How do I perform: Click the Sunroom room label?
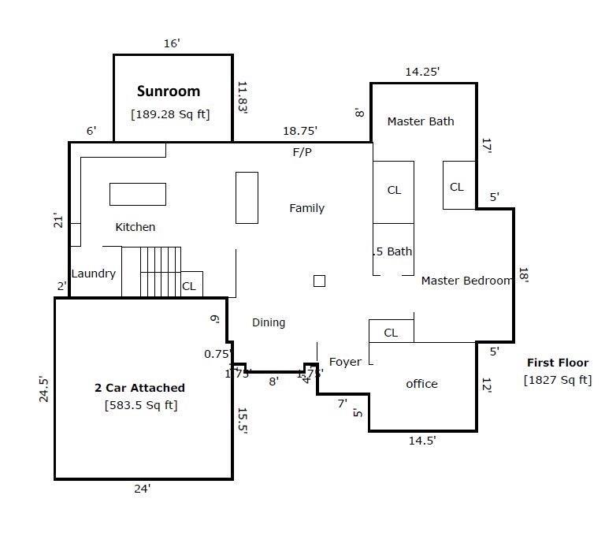tap(169, 91)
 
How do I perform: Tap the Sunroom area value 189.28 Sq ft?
tap(170, 114)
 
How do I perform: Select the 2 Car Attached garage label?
tap(139, 388)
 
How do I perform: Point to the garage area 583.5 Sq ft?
tap(141, 406)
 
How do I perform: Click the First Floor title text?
tap(557, 363)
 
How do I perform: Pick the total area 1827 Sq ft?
tap(557, 380)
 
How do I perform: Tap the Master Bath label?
tap(421, 121)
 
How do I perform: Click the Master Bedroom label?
tap(466, 281)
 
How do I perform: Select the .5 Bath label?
tap(392, 252)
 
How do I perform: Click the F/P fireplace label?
tap(302, 152)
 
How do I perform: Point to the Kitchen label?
tap(135, 227)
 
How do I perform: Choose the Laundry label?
tap(94, 274)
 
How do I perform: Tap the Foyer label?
tap(345, 362)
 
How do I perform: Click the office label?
tap(421, 384)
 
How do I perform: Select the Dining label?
tap(269, 322)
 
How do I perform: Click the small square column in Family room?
tap(319, 281)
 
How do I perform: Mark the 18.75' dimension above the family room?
tap(299, 132)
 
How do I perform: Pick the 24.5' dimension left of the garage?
tap(44, 389)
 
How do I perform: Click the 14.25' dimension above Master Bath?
tap(422, 72)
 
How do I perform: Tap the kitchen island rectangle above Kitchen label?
tap(138, 194)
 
